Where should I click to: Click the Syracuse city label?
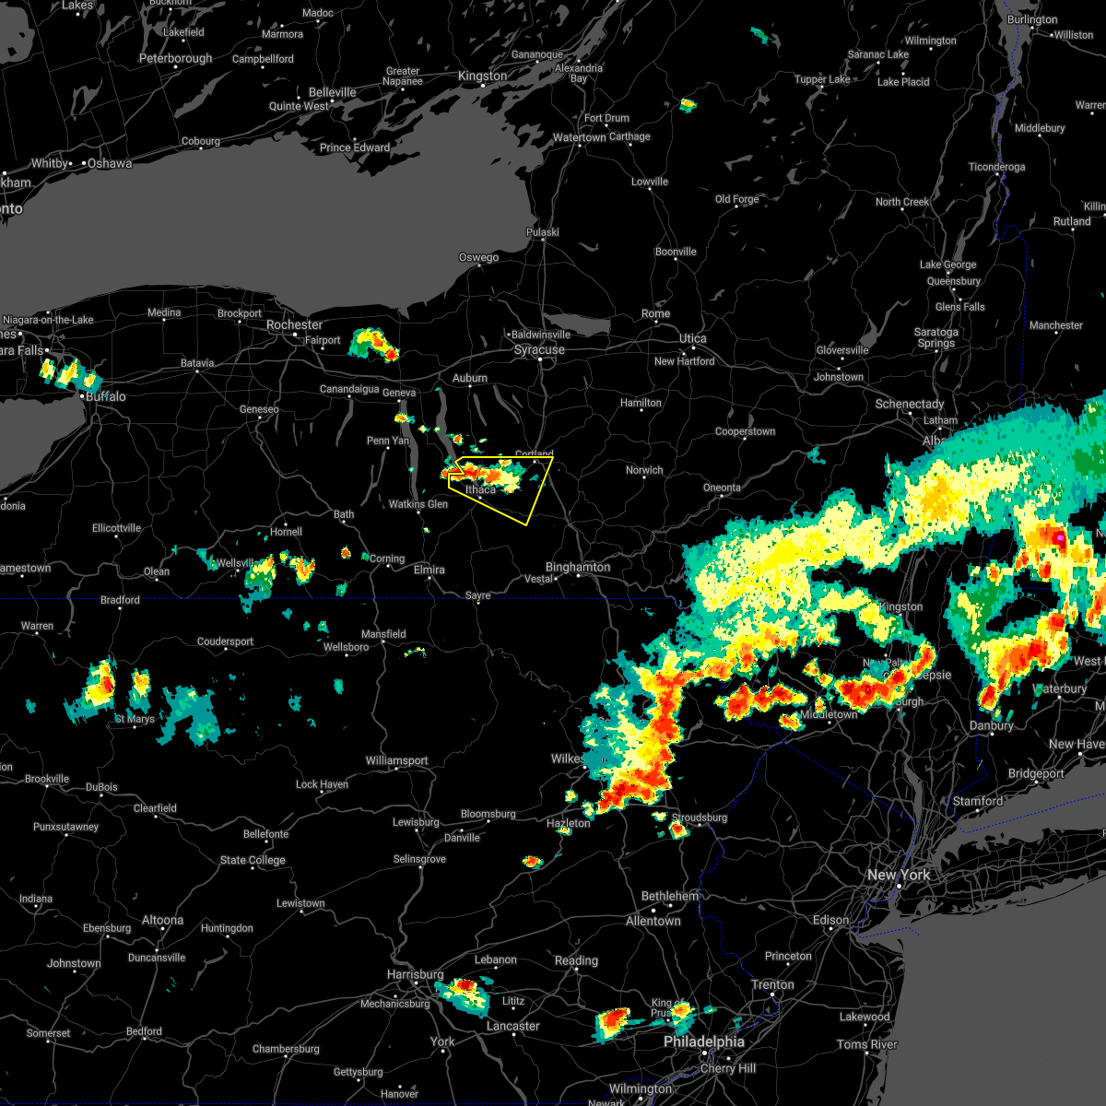539,350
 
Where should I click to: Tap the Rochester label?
294,325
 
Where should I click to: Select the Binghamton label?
578,567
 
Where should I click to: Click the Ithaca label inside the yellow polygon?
480,489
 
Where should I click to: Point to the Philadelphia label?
704,1042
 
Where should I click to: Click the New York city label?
899,875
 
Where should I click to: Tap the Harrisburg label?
415,974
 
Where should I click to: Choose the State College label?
253,860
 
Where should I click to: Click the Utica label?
692,339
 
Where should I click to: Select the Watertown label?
579,138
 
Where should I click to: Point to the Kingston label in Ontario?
482,76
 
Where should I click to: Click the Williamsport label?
396,760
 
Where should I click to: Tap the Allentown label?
653,921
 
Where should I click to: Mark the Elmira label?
429,570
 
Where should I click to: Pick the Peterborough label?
175,59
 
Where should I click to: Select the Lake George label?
947,265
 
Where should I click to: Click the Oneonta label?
722,488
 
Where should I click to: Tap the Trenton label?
772,984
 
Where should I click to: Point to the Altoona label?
162,920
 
